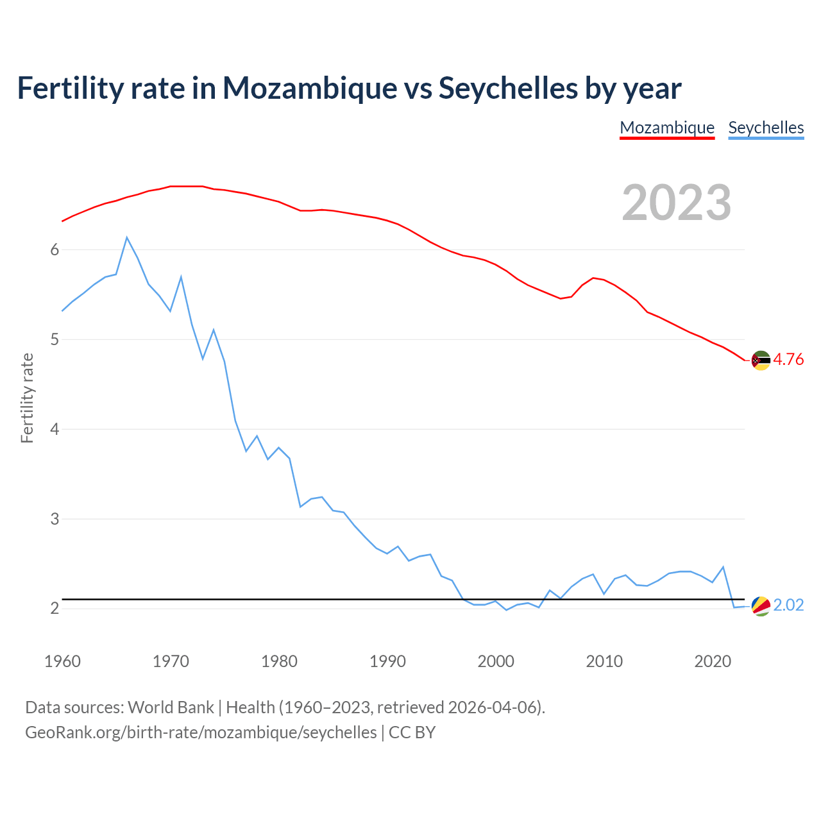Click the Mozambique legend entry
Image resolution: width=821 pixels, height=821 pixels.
667,128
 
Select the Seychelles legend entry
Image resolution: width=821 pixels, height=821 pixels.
766,128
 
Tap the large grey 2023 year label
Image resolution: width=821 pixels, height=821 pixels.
677,203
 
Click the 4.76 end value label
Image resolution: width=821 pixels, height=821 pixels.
788,360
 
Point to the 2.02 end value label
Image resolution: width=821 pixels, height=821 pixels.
788,605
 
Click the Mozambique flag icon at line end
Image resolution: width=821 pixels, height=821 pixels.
761,360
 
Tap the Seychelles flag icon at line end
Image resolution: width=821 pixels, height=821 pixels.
761,605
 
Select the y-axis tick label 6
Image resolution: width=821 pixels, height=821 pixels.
55,250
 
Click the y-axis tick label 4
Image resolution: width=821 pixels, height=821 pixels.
55,429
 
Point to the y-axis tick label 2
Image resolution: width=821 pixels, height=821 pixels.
55,608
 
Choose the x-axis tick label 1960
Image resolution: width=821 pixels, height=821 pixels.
62,661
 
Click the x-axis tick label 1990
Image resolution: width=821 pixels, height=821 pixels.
387,661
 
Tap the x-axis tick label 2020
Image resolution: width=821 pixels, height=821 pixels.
713,661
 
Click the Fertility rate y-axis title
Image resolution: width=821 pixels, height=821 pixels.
27,398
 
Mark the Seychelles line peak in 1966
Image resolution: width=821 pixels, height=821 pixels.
127,237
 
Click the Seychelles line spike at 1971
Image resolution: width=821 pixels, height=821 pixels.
182,277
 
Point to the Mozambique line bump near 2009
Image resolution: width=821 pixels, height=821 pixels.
593,278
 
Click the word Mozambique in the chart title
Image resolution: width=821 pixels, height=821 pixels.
310,88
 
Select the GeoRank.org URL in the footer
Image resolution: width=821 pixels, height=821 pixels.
201,732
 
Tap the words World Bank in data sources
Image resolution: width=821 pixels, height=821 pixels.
171,707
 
